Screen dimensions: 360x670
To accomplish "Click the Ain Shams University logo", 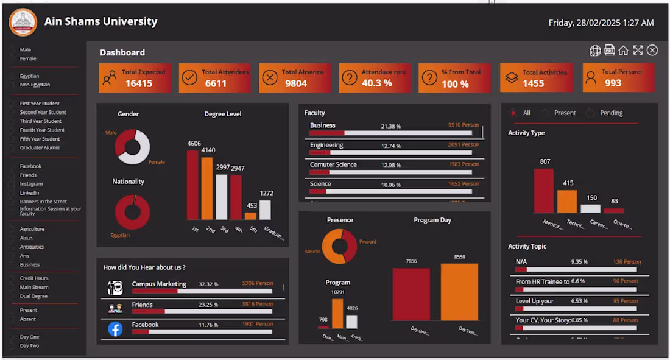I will [23, 23].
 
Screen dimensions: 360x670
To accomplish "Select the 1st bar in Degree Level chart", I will [192, 185].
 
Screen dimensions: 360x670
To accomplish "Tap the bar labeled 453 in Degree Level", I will [250, 216].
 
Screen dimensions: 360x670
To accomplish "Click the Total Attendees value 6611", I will [216, 83].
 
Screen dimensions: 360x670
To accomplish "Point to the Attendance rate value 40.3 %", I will [376, 83].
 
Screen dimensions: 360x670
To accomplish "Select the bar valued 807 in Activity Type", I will [544, 191].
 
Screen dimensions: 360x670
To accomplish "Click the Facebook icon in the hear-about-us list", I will [115, 329].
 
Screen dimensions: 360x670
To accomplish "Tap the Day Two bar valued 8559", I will [459, 292].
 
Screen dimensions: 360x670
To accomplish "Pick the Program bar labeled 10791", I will [337, 314].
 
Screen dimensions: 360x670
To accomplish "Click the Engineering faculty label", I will [326, 145].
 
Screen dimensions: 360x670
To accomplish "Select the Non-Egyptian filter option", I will [35, 85].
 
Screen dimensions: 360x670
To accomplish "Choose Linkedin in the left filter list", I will [29, 192].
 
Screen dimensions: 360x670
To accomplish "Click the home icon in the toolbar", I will [623, 51].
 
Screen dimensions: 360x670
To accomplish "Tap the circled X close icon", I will [652, 51].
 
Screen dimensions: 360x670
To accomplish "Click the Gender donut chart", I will [133, 147].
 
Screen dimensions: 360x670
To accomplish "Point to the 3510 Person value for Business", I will [464, 125].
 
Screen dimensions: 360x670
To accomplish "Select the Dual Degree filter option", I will [33, 296].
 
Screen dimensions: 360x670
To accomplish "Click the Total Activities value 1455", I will [533, 83].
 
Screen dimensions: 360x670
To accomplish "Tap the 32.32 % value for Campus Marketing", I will [208, 284].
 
